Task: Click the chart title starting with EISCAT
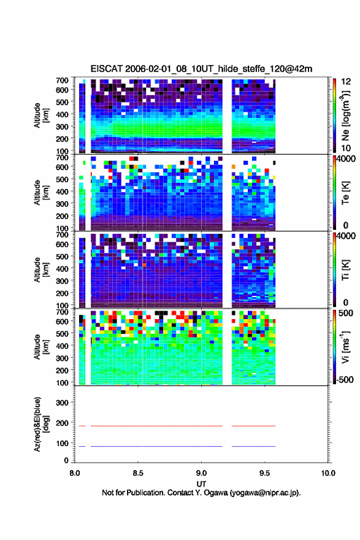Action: tap(201, 69)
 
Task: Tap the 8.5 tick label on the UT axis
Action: tap(138, 473)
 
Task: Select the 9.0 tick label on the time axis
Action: tap(201, 473)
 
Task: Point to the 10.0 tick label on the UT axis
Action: tap(328, 473)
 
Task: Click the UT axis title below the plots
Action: tap(201, 484)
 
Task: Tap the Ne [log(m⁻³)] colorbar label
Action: tap(345, 116)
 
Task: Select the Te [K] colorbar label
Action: tap(345, 193)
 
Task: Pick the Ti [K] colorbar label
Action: tap(345, 271)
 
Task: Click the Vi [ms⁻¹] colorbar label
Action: tap(345, 347)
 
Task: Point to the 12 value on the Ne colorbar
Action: tap(346, 82)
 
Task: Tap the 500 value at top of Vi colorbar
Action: tap(346, 313)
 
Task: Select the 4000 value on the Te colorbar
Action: tap(346, 159)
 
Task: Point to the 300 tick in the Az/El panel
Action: tap(63, 403)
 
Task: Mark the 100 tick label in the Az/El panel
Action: tap(63, 443)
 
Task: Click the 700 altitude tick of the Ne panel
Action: tap(63, 80)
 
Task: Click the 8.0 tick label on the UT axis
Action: tap(75, 473)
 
